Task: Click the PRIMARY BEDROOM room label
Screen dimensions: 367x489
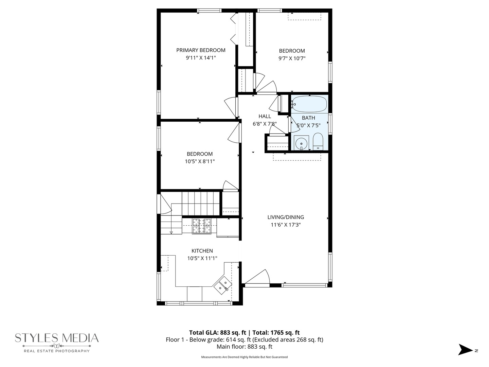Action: (x=201, y=50)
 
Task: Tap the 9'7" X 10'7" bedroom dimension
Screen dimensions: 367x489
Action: (x=292, y=58)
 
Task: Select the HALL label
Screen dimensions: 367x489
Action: (x=265, y=116)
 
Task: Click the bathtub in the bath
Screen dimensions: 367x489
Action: (x=309, y=104)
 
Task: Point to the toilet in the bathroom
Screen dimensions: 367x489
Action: (x=318, y=142)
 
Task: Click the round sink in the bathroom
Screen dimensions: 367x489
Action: (x=301, y=143)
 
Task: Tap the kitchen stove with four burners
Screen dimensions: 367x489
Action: (x=202, y=226)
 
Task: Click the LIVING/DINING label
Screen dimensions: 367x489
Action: (x=286, y=217)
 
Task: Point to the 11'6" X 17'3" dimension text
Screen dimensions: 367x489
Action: (x=286, y=225)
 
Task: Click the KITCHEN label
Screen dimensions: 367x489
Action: (x=202, y=251)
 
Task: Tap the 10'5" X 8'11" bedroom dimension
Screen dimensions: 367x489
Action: (x=200, y=161)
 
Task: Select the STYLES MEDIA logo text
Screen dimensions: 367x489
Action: (x=57, y=338)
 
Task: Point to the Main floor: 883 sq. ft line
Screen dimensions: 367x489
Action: (x=244, y=347)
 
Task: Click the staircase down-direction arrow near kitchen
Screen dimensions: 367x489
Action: (x=171, y=232)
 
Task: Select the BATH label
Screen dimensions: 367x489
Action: (x=308, y=118)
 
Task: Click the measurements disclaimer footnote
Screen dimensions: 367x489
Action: (x=244, y=357)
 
